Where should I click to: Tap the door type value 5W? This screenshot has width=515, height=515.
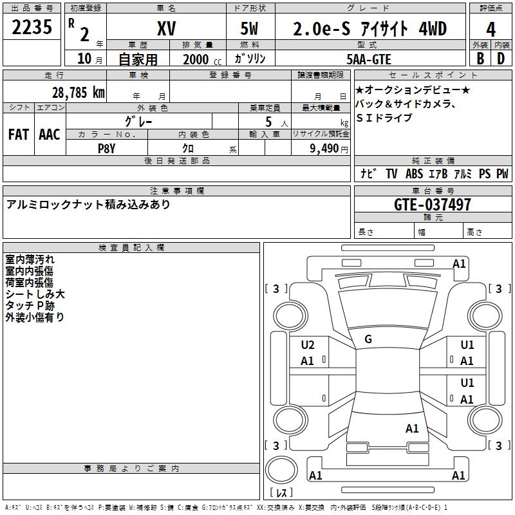click(x=250, y=29)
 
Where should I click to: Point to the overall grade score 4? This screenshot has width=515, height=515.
click(x=491, y=29)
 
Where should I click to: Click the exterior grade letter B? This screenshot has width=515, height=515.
click(x=480, y=58)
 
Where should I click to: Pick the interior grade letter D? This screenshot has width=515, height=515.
click(x=501, y=58)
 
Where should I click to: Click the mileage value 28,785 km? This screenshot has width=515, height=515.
click(x=78, y=92)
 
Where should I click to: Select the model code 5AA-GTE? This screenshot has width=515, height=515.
click(x=370, y=58)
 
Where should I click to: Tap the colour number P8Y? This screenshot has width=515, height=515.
click(x=107, y=147)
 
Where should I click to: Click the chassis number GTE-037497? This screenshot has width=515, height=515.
click(x=432, y=205)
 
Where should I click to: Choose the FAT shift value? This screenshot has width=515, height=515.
click(x=18, y=135)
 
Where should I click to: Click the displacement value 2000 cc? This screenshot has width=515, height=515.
click(x=200, y=59)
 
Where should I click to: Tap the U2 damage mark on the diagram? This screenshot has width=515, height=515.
click(x=308, y=344)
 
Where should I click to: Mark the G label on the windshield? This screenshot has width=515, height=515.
click(x=368, y=339)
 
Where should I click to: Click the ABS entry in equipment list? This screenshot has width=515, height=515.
click(x=414, y=174)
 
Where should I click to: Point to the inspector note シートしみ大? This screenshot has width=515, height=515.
click(x=35, y=294)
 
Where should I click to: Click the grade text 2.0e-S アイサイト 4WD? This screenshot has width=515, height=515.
click(x=370, y=29)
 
